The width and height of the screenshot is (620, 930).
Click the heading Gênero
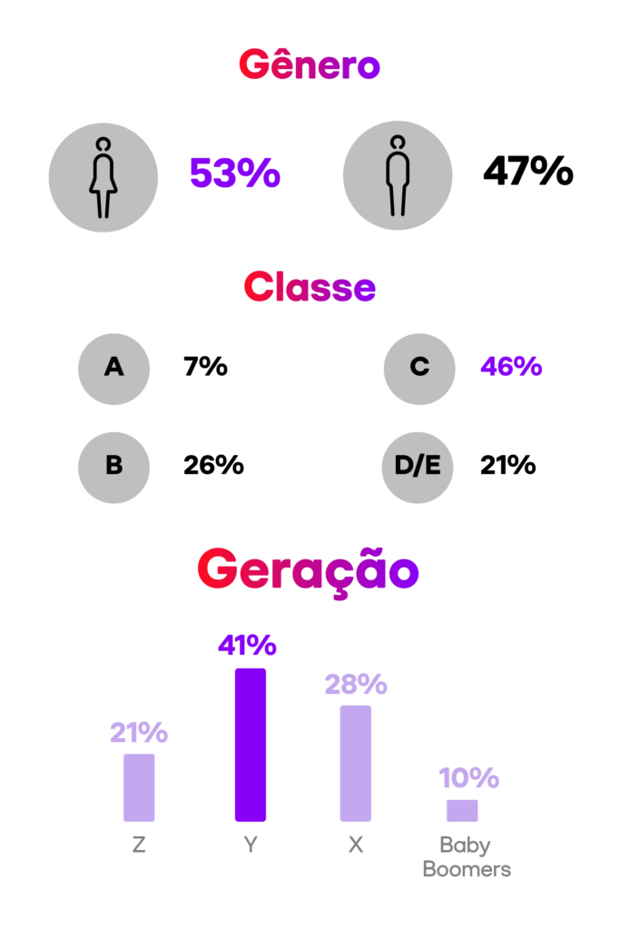pyautogui.click(x=309, y=66)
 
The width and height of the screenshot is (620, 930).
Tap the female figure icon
pyautogui.click(x=103, y=178)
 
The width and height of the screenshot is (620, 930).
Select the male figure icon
pyautogui.click(x=397, y=175)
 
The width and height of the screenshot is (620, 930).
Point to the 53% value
pyautogui.click(x=234, y=173)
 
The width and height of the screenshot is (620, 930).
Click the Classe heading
pyautogui.click(x=309, y=288)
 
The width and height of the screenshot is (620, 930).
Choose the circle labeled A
pyautogui.click(x=113, y=368)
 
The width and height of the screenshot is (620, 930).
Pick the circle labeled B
pyautogui.click(x=113, y=467)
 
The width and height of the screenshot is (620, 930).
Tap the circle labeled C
pyautogui.click(x=418, y=368)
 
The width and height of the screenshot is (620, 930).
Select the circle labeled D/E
pyautogui.click(x=417, y=467)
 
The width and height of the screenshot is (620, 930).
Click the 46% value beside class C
pyautogui.click(x=511, y=367)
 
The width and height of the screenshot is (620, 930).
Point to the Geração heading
pyautogui.click(x=308, y=571)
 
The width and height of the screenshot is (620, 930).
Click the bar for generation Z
pyautogui.click(x=139, y=787)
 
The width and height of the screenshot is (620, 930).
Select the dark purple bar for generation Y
pyautogui.click(x=251, y=745)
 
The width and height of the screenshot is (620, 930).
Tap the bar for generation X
pyautogui.click(x=356, y=763)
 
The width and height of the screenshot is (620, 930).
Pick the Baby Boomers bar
pyautogui.click(x=462, y=810)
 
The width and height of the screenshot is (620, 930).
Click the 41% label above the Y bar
pyautogui.click(x=247, y=646)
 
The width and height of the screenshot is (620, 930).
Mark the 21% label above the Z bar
pyautogui.click(x=139, y=732)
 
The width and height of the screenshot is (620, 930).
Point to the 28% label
pyautogui.click(x=356, y=684)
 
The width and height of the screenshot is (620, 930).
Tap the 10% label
pyautogui.click(x=468, y=778)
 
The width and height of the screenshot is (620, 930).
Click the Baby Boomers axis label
pyautogui.click(x=467, y=857)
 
